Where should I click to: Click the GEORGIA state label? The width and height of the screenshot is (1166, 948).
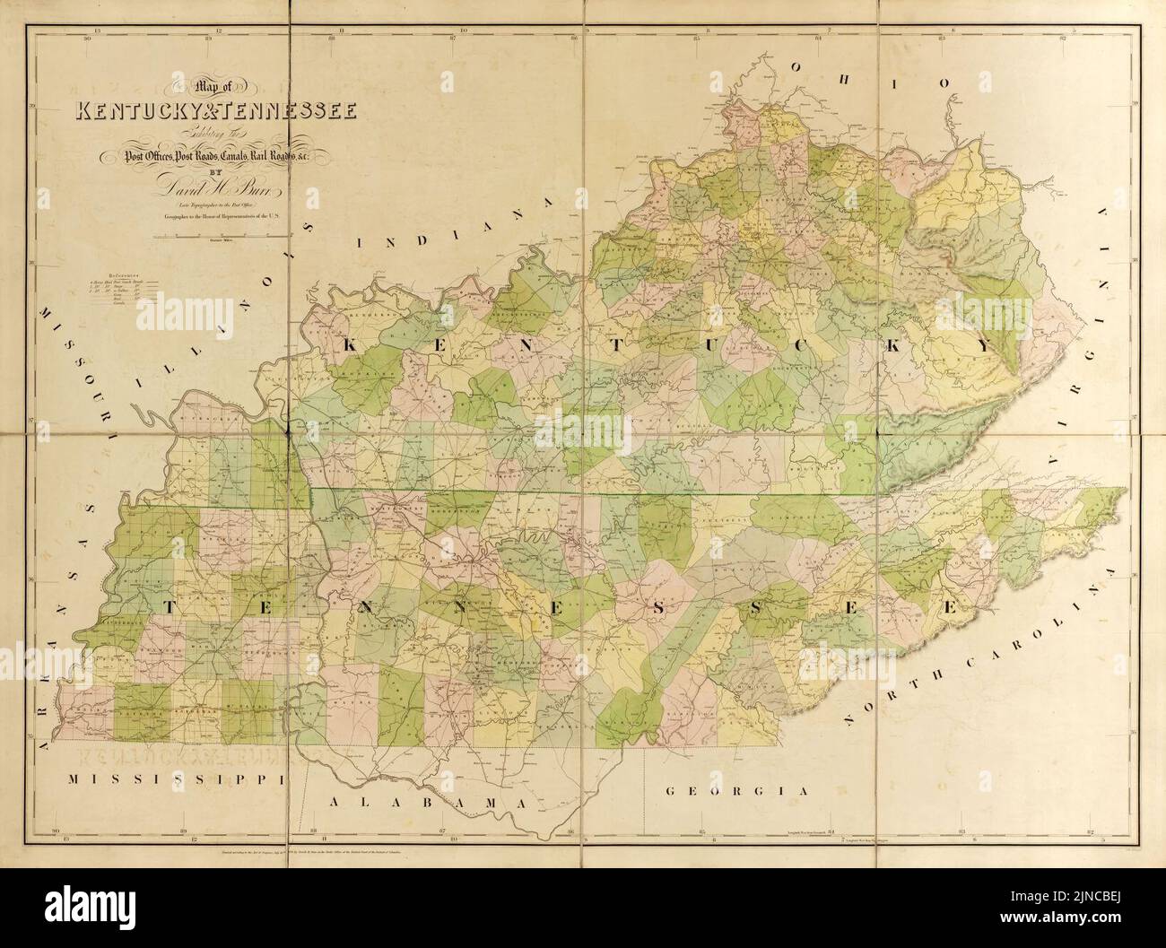737,791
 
